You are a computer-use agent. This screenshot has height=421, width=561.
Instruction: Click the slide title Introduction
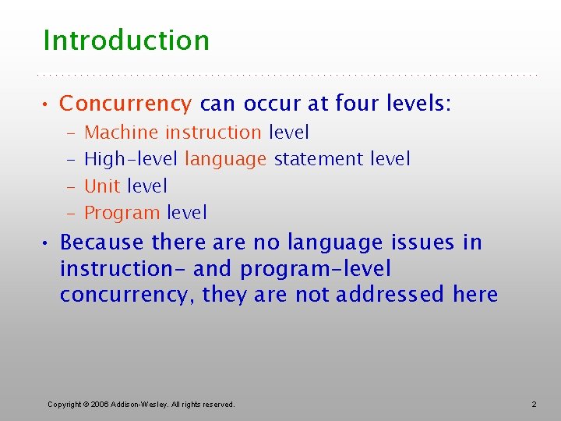[126, 41]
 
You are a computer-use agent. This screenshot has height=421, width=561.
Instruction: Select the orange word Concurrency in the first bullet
[125, 104]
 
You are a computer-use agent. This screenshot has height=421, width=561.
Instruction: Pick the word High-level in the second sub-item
[131, 159]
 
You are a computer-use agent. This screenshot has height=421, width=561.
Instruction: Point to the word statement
[319, 159]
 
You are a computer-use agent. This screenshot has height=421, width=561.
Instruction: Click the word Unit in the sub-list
[102, 186]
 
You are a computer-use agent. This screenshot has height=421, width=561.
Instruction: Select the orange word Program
[122, 213]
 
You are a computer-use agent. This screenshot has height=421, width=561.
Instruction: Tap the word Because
[102, 242]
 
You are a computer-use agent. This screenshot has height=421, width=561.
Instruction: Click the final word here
[475, 295]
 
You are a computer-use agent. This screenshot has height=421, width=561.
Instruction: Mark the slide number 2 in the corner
[534, 404]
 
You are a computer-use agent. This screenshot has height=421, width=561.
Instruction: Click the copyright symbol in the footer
[86, 404]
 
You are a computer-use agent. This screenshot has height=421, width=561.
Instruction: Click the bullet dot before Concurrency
[48, 104]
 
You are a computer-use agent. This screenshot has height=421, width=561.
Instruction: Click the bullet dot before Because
[48, 243]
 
